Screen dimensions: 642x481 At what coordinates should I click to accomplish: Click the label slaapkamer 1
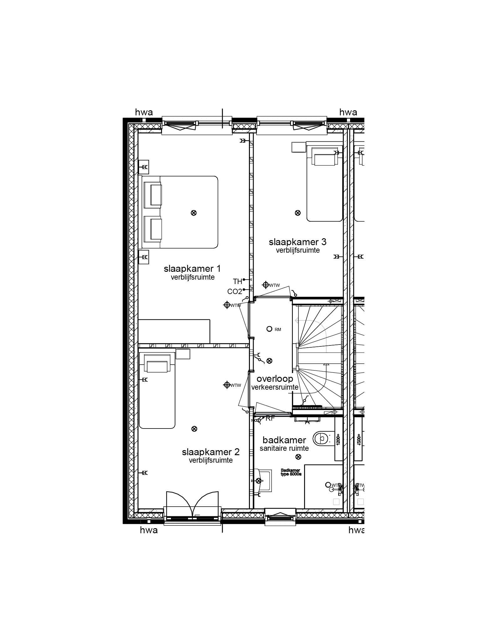[x=192, y=269]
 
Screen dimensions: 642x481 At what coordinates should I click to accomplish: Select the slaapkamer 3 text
[x=297, y=242]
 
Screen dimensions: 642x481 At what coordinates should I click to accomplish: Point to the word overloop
[x=275, y=378]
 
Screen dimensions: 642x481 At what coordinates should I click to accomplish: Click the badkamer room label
[x=284, y=440]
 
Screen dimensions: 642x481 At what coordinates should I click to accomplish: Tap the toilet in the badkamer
[x=321, y=438]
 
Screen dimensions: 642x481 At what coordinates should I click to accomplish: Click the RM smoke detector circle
[x=269, y=329]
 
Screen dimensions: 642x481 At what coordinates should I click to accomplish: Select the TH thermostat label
[x=237, y=281]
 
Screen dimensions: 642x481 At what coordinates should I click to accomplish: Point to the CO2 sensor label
[x=235, y=292]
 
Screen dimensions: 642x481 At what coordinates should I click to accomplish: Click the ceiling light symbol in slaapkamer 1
[x=194, y=213]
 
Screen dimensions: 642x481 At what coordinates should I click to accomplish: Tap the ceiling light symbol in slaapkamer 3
[x=297, y=213]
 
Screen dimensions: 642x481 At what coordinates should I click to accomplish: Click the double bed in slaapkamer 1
[x=180, y=212]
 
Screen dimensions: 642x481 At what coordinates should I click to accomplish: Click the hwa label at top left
[x=144, y=112]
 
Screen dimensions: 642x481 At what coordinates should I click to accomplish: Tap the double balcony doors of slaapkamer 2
[x=192, y=505]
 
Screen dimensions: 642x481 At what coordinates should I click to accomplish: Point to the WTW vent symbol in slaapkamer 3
[x=266, y=285]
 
